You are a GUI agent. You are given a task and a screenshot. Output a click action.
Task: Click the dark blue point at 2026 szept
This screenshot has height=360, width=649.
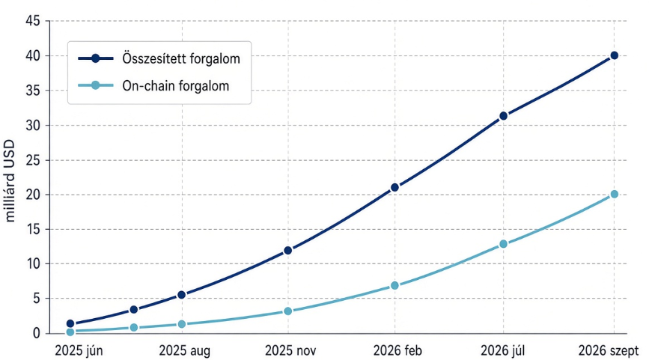pyautogui.click(x=615, y=55)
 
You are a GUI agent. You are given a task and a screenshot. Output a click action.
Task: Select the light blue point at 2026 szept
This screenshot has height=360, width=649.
pyautogui.click(x=615, y=194)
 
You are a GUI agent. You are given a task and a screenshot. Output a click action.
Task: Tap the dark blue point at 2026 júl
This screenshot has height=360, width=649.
pyautogui.click(x=503, y=116)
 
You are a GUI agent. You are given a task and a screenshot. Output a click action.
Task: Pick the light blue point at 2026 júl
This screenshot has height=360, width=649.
pyautogui.click(x=503, y=244)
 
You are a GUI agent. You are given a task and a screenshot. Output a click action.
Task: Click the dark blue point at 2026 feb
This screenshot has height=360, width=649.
pyautogui.click(x=394, y=187)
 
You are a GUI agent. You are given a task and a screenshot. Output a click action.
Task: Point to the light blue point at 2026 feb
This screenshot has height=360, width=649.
pyautogui.click(x=394, y=285)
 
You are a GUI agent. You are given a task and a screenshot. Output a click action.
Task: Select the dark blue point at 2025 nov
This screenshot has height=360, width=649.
pyautogui.click(x=288, y=250)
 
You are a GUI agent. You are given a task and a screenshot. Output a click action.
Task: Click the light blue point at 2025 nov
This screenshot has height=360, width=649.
pyautogui.click(x=288, y=311)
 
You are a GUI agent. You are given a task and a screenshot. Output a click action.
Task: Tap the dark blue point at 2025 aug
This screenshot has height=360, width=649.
pyautogui.click(x=181, y=295)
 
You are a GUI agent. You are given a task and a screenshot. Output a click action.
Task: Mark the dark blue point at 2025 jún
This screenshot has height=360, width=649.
pyautogui.click(x=70, y=323)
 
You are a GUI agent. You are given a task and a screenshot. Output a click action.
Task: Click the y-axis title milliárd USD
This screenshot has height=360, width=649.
pyautogui.click(x=9, y=181)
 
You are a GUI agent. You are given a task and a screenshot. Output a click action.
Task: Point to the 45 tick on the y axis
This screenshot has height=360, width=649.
pyautogui.click(x=33, y=21)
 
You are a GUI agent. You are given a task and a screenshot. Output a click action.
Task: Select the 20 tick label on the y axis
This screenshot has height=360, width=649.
pyautogui.click(x=33, y=195)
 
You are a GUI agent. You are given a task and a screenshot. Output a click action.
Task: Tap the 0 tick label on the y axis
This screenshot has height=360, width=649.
pyautogui.click(x=37, y=333)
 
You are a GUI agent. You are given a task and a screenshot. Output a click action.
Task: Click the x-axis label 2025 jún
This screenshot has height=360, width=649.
pyautogui.click(x=79, y=351)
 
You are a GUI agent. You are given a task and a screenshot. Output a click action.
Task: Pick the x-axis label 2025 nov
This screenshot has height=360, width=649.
pyautogui.click(x=290, y=351)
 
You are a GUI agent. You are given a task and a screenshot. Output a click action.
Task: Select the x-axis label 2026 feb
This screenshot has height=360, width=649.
pyautogui.click(x=397, y=351)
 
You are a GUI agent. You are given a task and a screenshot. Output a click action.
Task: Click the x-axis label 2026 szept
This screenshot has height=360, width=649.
pyautogui.click(x=609, y=351)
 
